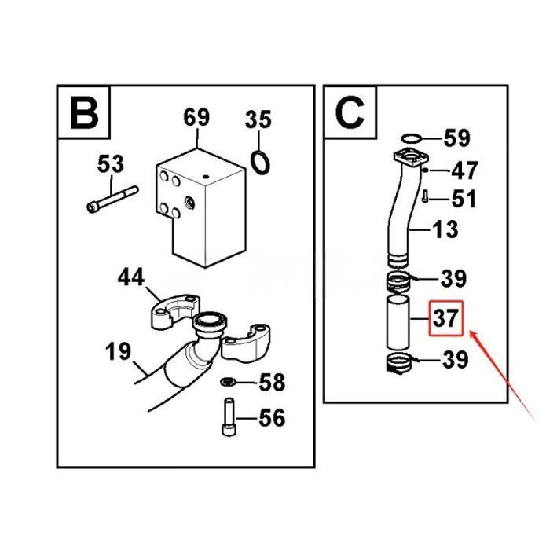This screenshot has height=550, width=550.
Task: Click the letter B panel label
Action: pyautogui.click(x=83, y=112)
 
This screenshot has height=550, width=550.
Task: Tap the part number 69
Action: pyautogui.click(x=196, y=118)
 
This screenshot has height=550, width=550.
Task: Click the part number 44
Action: pyautogui.click(x=132, y=277)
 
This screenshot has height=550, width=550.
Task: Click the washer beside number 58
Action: pyautogui.click(x=226, y=383)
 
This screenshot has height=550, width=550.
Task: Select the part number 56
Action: pyautogui.click(x=271, y=417)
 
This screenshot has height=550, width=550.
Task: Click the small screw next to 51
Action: pyautogui.click(x=425, y=196)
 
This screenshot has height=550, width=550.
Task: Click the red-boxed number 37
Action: pyautogui.click(x=446, y=319)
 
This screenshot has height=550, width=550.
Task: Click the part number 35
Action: pyautogui.click(x=258, y=120)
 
